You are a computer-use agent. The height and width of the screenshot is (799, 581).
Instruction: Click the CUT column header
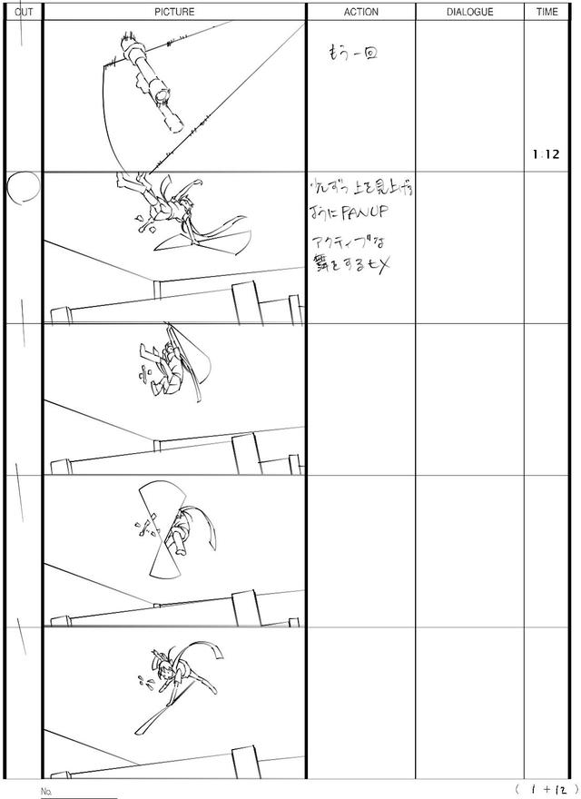click(25, 12)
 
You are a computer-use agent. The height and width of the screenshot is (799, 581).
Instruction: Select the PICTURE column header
click(173, 12)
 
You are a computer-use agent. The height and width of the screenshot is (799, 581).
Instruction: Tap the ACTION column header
click(361, 12)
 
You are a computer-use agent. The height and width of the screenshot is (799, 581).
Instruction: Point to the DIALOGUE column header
click(470, 12)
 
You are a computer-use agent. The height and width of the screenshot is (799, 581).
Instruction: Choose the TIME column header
click(547, 12)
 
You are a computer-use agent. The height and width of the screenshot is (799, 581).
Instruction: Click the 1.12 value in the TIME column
click(547, 154)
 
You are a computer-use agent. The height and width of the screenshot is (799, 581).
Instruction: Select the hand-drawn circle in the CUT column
click(24, 187)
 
